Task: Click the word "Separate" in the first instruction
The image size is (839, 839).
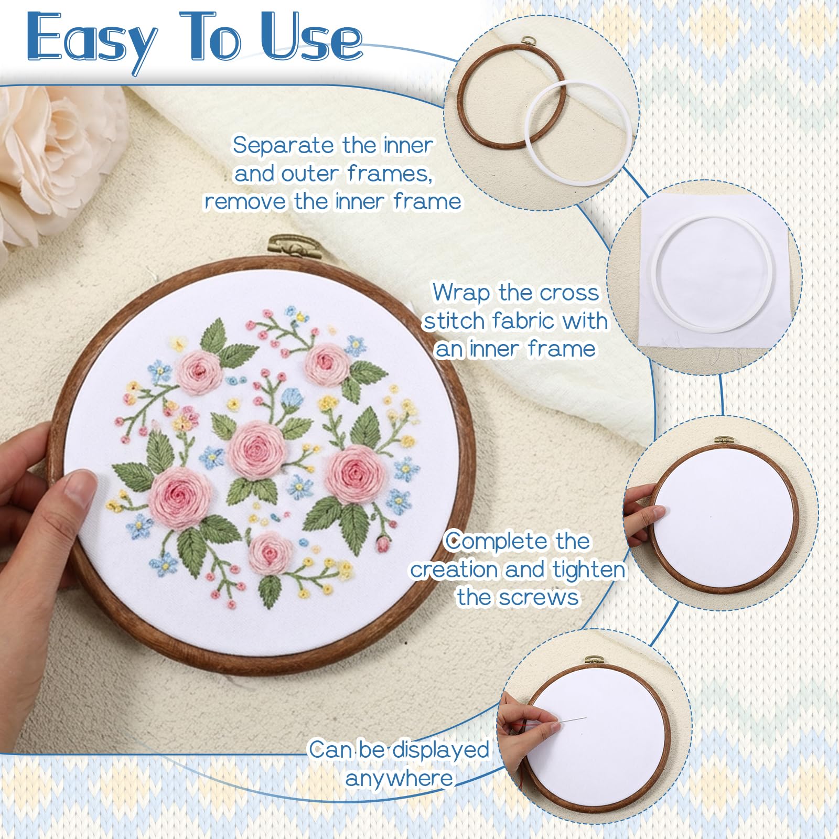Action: tap(284, 145)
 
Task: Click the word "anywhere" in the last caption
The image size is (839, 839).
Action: tap(399, 778)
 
